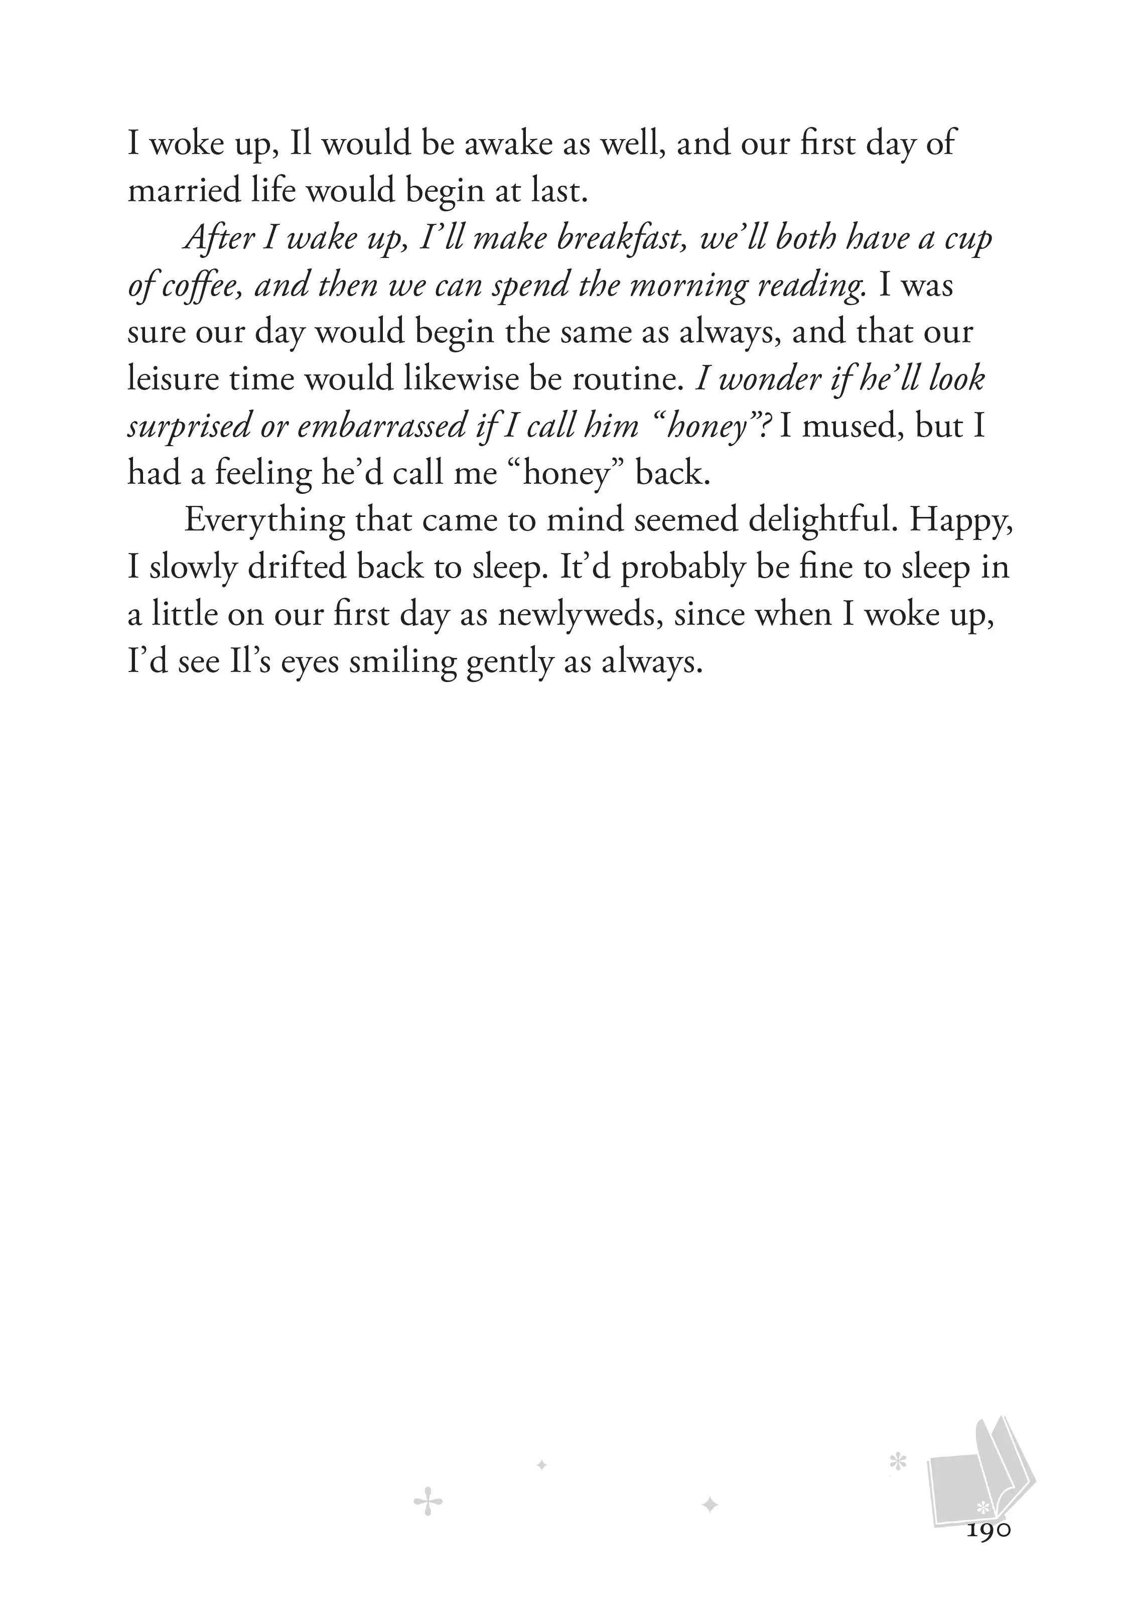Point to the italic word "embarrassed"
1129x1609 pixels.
click(x=381, y=426)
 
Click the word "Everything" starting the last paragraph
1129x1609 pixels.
click(x=264, y=520)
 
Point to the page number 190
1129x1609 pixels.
click(x=988, y=1530)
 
